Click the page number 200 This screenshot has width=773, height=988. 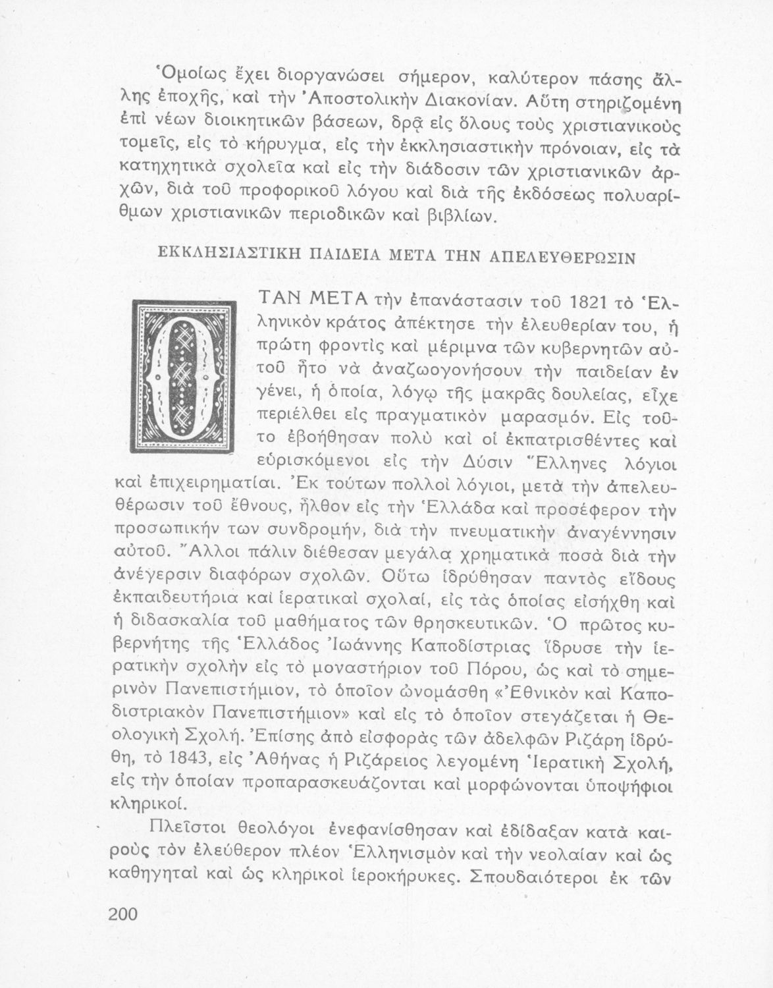coord(122,916)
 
